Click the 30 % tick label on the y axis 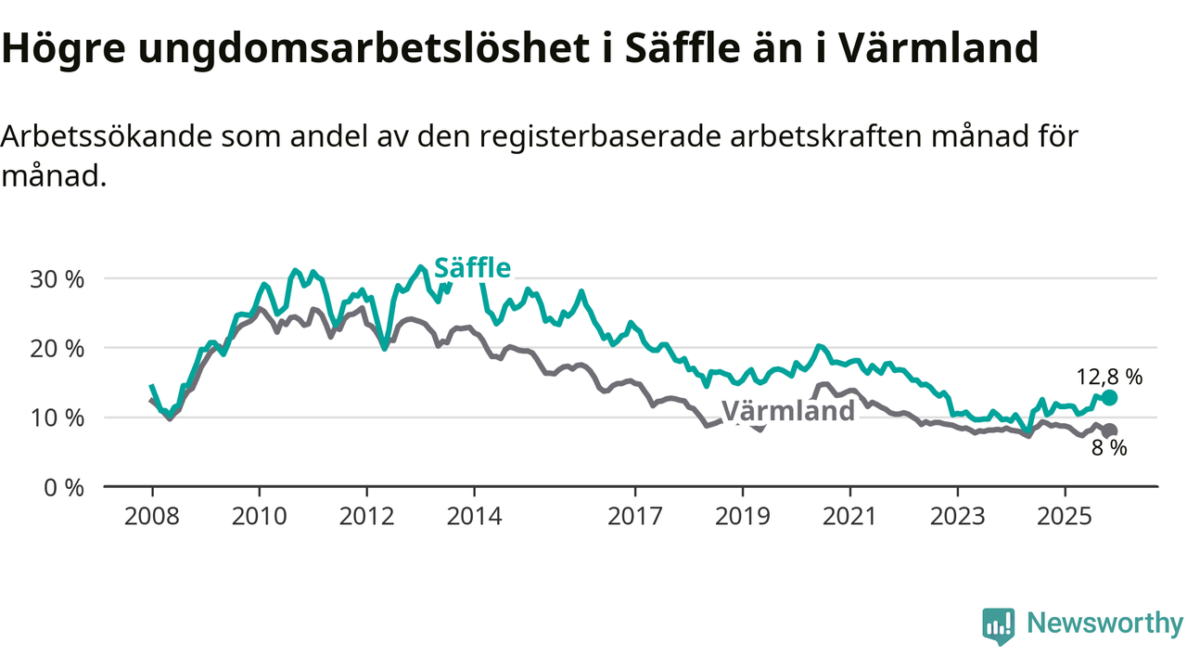pos(57,278)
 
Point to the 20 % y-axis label pos(57,348)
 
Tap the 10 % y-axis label pos(57,417)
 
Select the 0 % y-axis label pos(64,487)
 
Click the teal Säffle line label pos(472,268)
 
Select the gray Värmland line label pos(787,411)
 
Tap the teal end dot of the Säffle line pos(1110,397)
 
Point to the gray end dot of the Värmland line pos(1110,430)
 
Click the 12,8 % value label pos(1109,377)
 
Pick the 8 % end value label pos(1109,449)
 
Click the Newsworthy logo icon pos(998,626)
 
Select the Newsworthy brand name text pos(1104,623)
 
